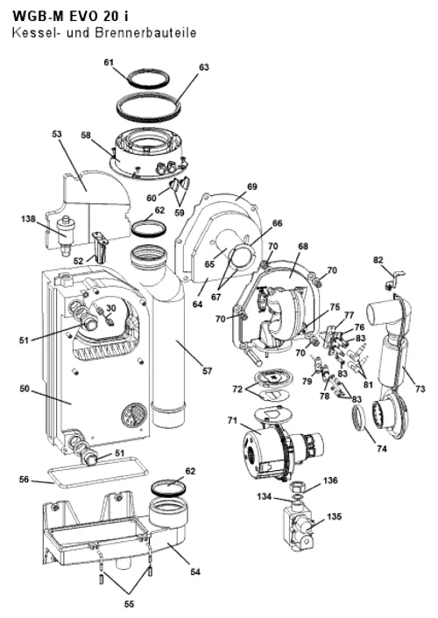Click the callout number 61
coord(109,62)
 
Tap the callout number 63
coord(203,67)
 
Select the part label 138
coord(28,219)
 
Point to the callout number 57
coord(207,371)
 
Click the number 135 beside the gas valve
coord(335,516)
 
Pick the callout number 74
coord(382,448)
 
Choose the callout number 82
coord(378,260)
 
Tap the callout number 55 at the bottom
coord(129,604)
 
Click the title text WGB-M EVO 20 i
coord(70,16)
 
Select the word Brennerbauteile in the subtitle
coord(145,32)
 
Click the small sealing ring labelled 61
coord(147,79)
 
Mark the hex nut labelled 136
coord(297,487)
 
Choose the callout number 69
coord(251,186)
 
